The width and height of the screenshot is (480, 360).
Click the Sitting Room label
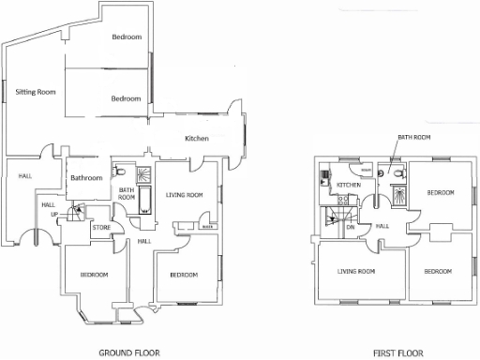point(36,93)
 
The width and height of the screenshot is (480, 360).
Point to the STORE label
point(101,226)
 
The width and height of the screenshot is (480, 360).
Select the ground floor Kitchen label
point(196,139)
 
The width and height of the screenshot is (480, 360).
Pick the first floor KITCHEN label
point(349,185)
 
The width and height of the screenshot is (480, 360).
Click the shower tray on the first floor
point(397,198)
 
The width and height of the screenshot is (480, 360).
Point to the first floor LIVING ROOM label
point(356,271)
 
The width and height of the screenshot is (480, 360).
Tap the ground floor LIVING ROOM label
point(185,195)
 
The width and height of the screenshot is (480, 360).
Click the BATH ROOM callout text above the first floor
point(413,137)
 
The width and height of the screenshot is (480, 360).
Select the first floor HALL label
point(382,226)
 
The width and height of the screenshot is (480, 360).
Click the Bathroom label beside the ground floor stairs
point(86,177)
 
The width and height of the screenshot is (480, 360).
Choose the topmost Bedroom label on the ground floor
point(126,37)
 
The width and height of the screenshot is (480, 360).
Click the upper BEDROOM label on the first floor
point(441,192)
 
